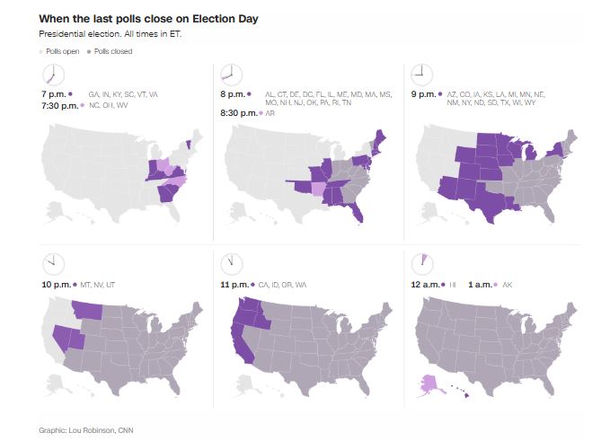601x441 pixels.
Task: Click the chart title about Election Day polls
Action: point(149,19)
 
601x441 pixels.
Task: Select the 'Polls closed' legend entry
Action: point(112,51)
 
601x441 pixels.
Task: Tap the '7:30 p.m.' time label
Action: point(58,105)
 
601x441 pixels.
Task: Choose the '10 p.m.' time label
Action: point(57,284)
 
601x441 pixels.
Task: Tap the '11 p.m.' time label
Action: point(238,284)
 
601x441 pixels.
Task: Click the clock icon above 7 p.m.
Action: point(53,74)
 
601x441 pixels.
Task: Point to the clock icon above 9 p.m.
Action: point(419,74)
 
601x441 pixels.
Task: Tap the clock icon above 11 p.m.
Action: point(233,263)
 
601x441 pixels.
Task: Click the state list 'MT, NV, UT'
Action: point(99,284)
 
